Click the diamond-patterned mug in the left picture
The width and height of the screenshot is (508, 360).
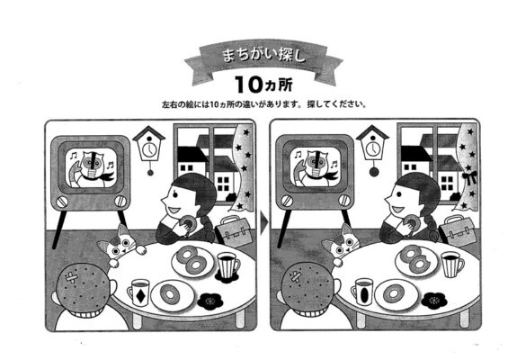(138, 292)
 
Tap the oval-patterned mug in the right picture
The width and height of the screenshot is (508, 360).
(363, 292)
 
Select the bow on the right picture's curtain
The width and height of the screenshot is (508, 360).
(469, 177)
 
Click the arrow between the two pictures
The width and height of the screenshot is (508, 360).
(263, 223)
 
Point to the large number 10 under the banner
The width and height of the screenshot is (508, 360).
(248, 85)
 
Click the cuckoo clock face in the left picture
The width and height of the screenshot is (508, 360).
(149, 149)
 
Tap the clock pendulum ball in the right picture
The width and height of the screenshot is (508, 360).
(374, 172)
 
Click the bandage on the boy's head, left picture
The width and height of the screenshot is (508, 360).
(71, 277)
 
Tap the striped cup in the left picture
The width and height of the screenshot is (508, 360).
(227, 265)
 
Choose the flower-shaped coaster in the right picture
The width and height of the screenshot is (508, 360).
(435, 301)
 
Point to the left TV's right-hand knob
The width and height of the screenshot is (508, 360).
(120, 202)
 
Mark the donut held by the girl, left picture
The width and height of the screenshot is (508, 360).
(188, 222)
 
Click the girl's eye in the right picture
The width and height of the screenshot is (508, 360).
(397, 195)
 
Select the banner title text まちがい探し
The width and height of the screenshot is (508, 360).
(263, 55)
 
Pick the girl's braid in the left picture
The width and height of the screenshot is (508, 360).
(207, 228)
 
